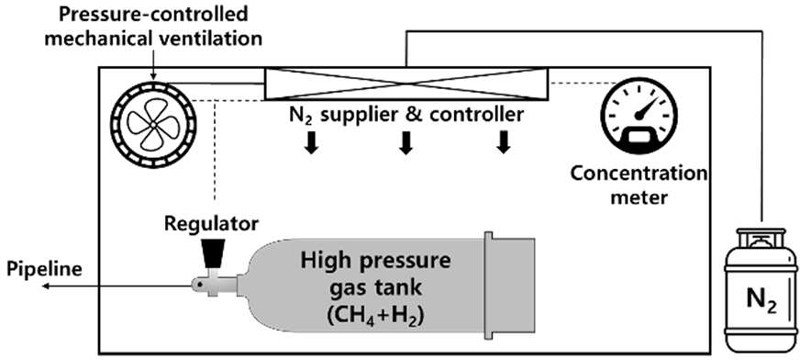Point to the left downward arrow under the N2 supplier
tap(310, 143)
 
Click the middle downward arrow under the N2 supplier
tap(405, 143)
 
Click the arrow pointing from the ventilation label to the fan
tap(152, 66)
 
